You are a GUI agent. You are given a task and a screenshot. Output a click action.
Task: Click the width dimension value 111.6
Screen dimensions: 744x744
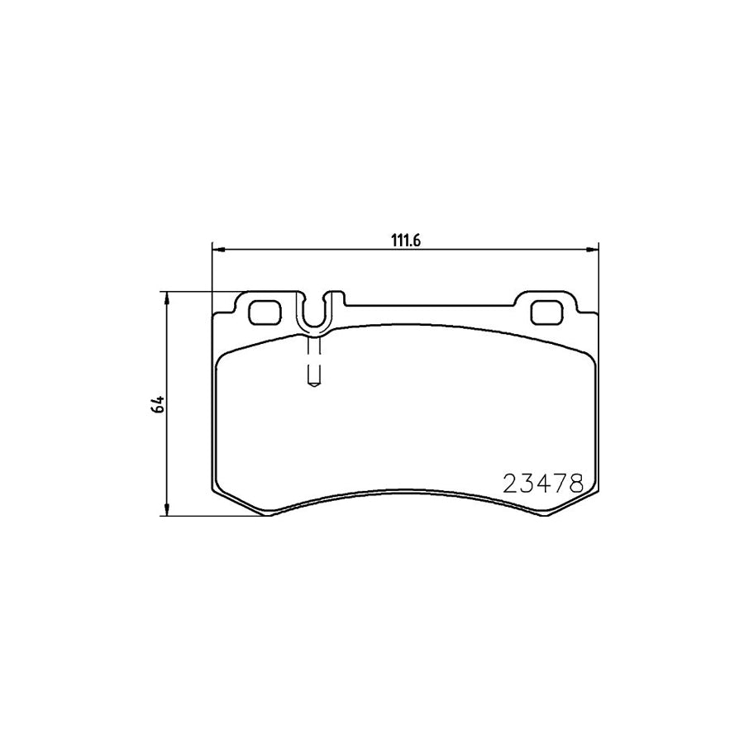tap(406, 241)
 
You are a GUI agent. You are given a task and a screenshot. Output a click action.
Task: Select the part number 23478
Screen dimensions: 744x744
tap(543, 484)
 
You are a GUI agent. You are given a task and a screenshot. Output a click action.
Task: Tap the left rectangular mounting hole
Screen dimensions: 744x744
tap(265, 312)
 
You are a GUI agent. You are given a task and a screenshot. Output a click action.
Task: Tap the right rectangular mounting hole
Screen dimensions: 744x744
tap(546, 312)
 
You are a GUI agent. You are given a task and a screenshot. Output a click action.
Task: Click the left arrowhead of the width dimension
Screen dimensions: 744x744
tap(217, 250)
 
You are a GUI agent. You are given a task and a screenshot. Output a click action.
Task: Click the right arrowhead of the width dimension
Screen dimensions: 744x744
tap(593, 250)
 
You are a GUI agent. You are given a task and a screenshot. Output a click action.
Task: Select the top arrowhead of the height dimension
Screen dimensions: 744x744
tap(166, 298)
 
